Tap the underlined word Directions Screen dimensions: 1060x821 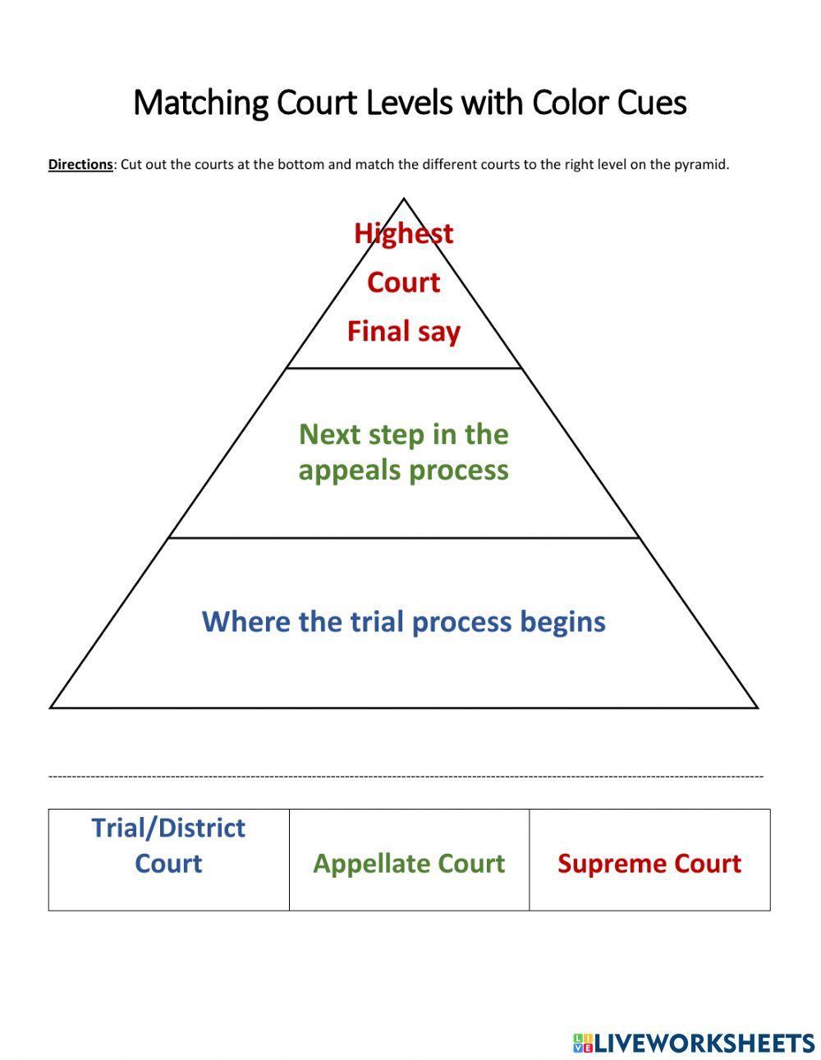80,164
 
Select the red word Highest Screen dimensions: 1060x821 403,233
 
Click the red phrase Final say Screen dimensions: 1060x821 403,332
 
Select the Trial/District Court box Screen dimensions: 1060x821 168,860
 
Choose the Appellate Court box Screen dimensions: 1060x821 409,860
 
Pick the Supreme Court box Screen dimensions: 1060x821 649,860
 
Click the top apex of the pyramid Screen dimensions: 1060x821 403,199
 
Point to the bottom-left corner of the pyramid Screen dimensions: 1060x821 52,707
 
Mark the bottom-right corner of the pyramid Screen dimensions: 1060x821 756,707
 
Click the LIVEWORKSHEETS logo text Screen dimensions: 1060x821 704,1043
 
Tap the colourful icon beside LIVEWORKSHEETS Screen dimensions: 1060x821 582,1043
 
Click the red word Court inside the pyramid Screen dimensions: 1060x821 403,282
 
